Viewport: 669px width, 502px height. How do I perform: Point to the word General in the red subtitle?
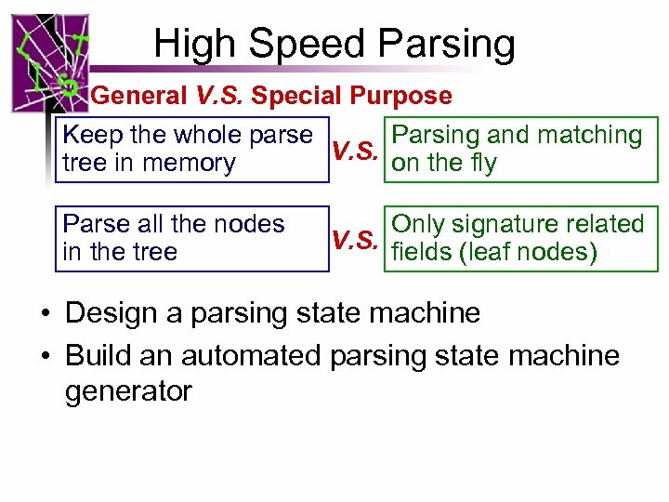click(x=139, y=96)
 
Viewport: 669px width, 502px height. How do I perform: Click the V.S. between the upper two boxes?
click(x=354, y=151)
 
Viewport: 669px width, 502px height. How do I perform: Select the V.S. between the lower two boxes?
click(x=354, y=240)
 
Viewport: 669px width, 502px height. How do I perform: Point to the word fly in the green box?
click(x=479, y=164)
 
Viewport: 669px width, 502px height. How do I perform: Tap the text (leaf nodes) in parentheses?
click(x=535, y=252)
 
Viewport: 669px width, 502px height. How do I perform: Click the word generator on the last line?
click(x=128, y=390)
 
